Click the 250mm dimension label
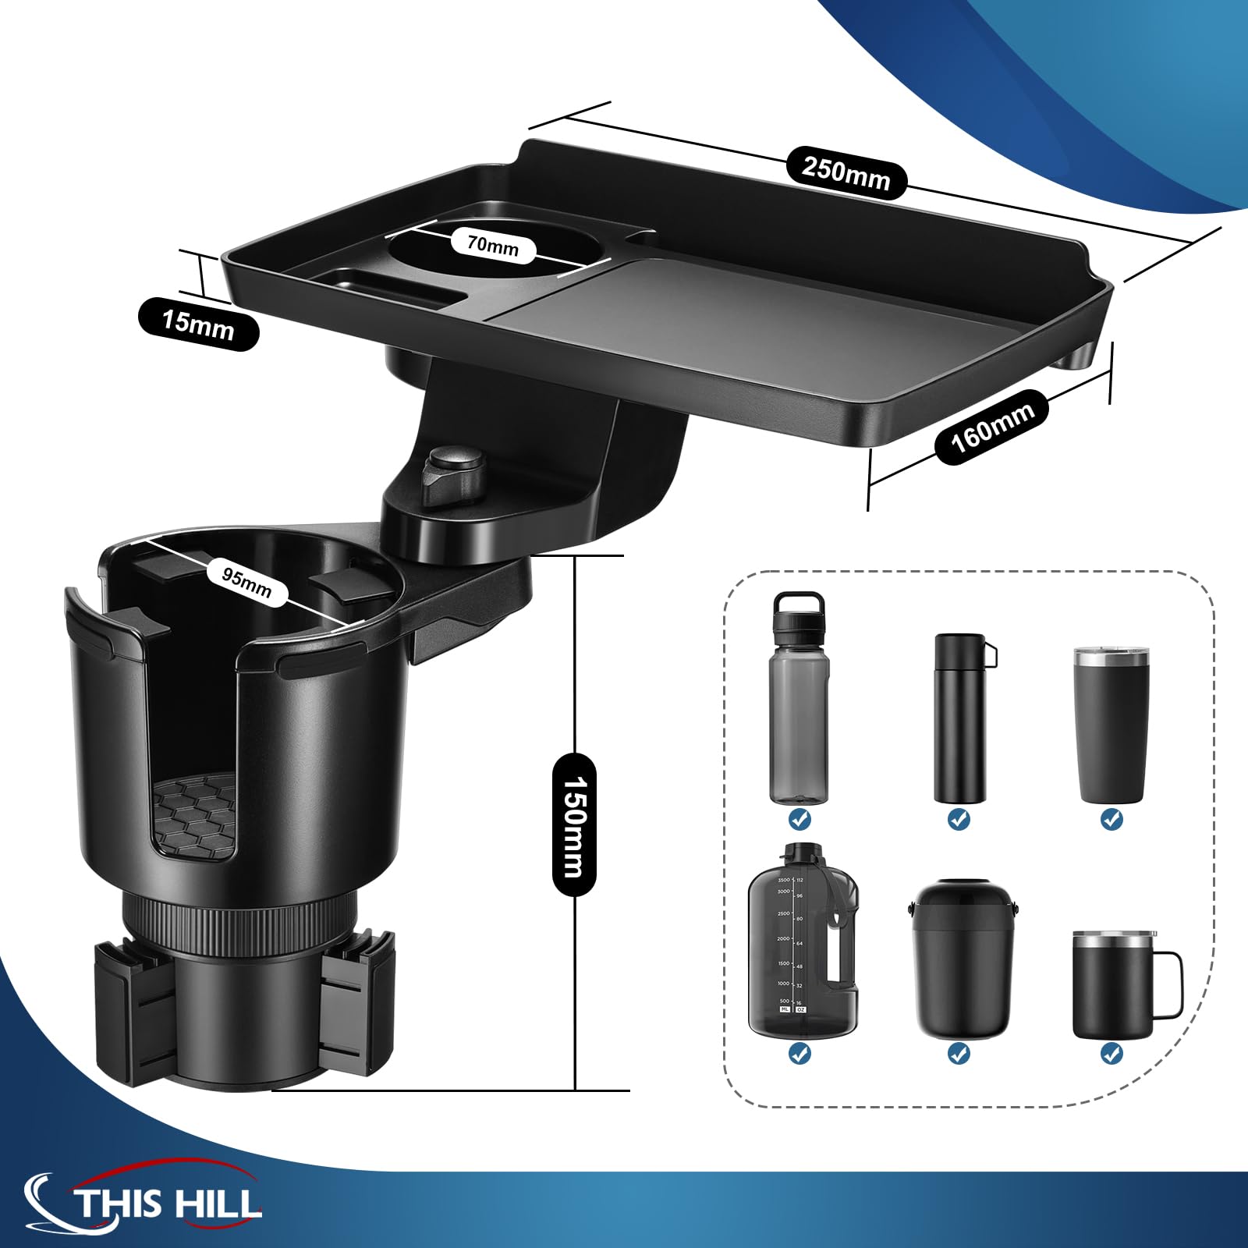(x=846, y=172)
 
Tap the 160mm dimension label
(x=991, y=427)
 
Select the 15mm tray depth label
(x=198, y=324)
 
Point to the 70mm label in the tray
(x=493, y=245)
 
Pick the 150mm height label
(x=574, y=826)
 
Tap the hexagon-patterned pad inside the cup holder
(x=196, y=814)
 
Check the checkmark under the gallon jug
(x=799, y=1054)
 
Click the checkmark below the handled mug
(x=1111, y=1054)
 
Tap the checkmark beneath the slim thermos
(x=959, y=820)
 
